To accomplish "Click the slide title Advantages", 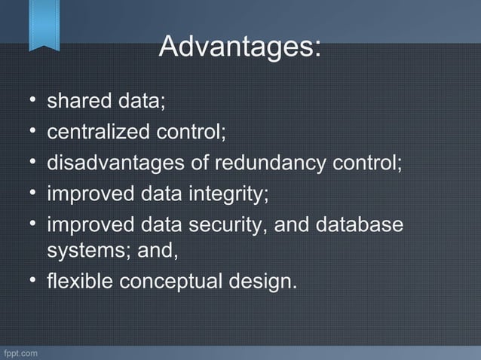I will click(240, 47).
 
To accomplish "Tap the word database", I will click(363, 225).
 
